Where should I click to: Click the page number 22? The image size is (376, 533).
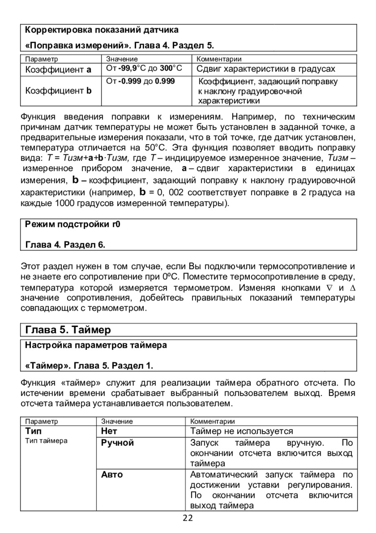[x=188, y=518]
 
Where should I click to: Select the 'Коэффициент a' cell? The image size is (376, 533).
[x=58, y=69]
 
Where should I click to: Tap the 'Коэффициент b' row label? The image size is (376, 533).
[x=58, y=91]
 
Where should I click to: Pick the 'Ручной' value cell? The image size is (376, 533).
[x=118, y=443]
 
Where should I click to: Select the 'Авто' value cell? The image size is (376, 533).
[x=112, y=474]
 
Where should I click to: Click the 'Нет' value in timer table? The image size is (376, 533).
[x=109, y=431]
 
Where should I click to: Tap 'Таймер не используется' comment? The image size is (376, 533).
[x=241, y=431]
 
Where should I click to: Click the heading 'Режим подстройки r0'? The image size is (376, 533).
[x=73, y=224]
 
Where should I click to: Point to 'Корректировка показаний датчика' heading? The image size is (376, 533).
[x=102, y=30]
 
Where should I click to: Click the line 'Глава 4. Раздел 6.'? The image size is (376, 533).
[x=66, y=245]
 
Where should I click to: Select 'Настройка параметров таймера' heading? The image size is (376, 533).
[x=96, y=345]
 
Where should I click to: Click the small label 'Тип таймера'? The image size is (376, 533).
[x=46, y=441]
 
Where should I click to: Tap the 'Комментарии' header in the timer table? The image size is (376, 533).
[x=213, y=421]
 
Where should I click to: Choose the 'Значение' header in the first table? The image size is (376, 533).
[x=122, y=59]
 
